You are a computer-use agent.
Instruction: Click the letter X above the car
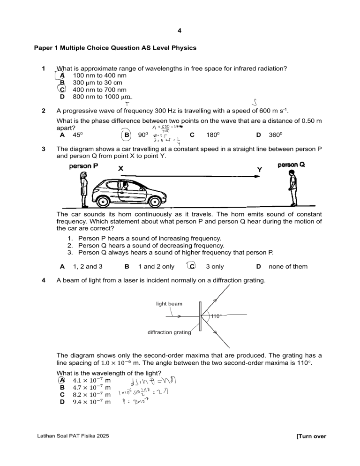120,168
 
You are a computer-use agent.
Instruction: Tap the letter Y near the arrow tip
260,169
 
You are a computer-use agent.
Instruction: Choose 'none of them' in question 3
288,267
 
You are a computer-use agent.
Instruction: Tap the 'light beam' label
169,304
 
